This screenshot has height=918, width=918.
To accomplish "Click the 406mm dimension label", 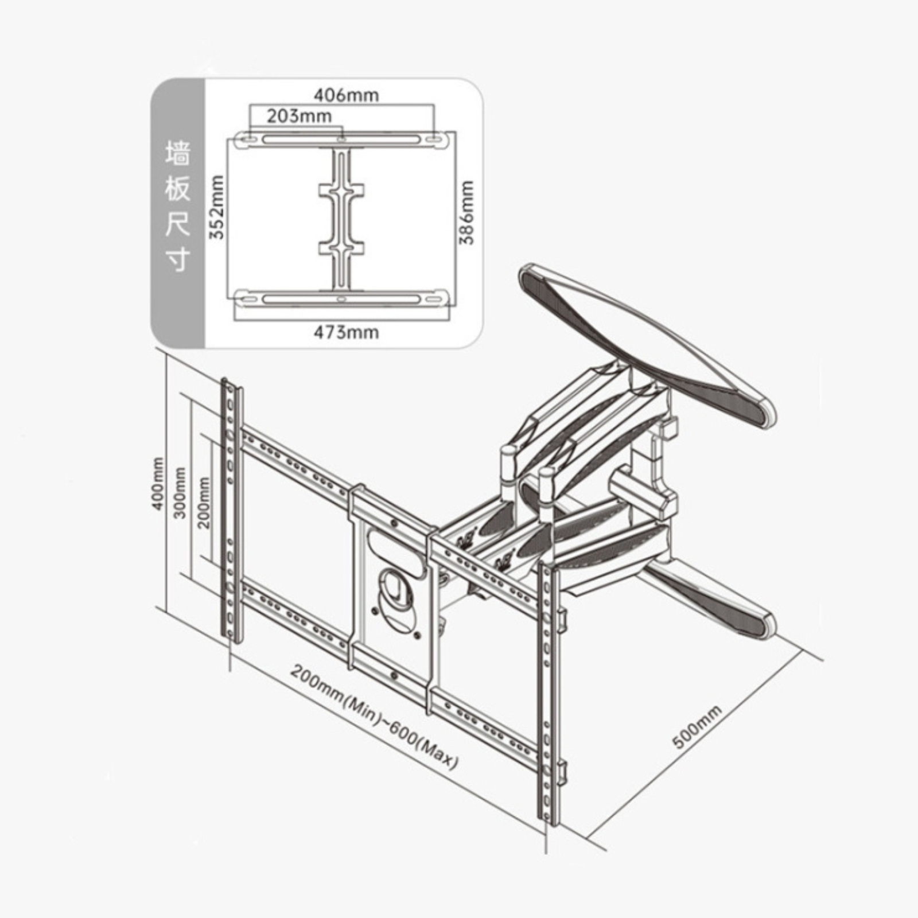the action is click(345, 95).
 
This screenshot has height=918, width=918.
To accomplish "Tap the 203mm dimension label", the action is click(299, 116).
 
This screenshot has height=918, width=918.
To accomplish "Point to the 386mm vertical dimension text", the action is click(468, 212).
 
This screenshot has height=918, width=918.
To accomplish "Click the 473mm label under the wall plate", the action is click(346, 332).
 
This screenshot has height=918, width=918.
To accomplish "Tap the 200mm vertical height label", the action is click(204, 503).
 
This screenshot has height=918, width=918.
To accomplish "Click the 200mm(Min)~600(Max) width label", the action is click(374, 717).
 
